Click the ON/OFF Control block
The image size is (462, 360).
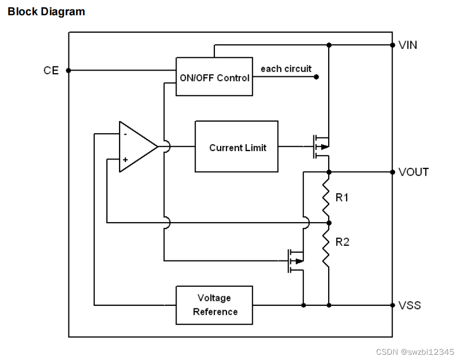click(x=214, y=76)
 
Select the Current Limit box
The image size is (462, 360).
click(x=237, y=146)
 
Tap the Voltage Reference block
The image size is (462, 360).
click(x=214, y=305)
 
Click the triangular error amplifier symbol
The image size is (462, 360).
click(x=138, y=146)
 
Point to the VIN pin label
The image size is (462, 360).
click(x=408, y=45)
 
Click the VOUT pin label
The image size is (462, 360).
click(x=414, y=172)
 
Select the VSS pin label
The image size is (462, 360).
click(x=409, y=305)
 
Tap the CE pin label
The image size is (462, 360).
click(x=51, y=71)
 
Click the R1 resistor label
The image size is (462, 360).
click(x=342, y=197)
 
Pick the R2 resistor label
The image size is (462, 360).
click(x=342, y=242)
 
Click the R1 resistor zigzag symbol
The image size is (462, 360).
click(x=326, y=197)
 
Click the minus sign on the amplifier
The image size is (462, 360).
click(x=125, y=134)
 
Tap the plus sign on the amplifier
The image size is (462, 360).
click(x=125, y=159)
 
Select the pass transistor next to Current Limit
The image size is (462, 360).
click(x=321, y=147)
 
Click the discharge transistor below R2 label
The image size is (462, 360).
click(x=296, y=261)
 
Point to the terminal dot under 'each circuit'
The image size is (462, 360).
click(x=316, y=77)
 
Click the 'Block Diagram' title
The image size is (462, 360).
click(x=46, y=12)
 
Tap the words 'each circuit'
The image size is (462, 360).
click(x=286, y=68)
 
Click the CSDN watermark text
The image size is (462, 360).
click(x=415, y=352)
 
